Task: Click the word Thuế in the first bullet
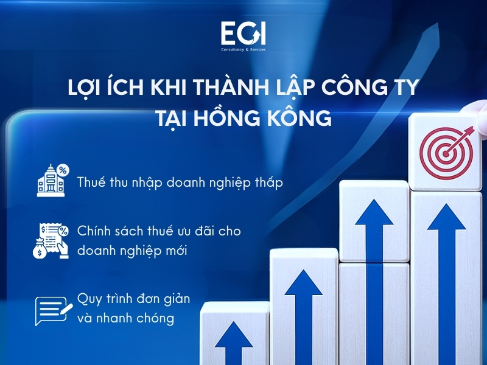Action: [x=91, y=182]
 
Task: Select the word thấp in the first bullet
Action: [x=267, y=182]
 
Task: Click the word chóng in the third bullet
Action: [x=155, y=317]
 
